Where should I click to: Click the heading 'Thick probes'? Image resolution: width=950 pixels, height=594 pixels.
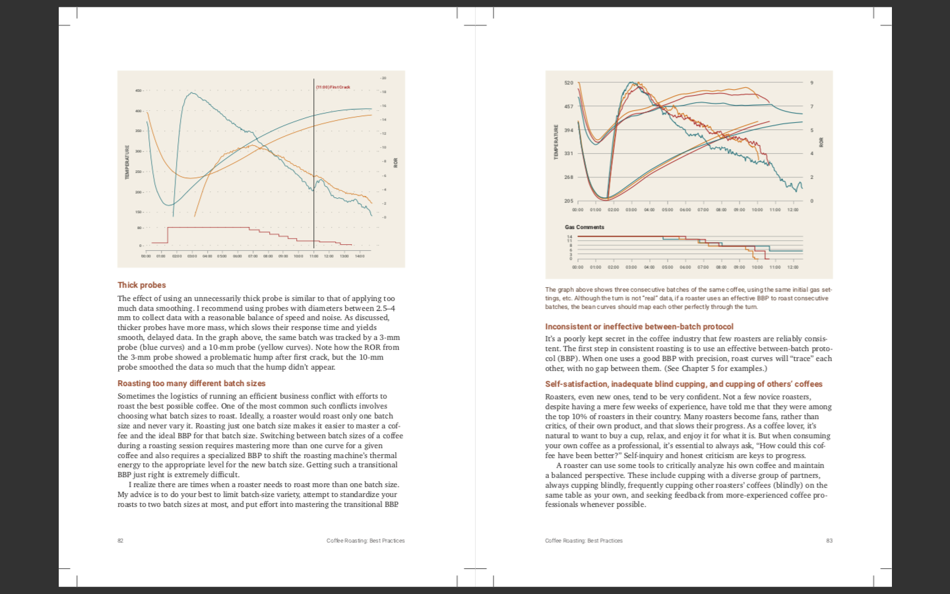(141, 285)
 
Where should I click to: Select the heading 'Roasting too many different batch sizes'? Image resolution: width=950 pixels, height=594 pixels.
(191, 383)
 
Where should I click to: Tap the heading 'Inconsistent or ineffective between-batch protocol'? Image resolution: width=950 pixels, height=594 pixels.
(639, 327)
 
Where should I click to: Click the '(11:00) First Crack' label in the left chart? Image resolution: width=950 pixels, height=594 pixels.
(333, 87)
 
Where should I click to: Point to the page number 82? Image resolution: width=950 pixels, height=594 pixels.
(120, 541)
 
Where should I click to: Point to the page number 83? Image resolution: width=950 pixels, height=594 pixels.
(829, 541)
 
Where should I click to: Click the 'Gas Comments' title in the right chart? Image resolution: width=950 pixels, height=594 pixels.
(585, 227)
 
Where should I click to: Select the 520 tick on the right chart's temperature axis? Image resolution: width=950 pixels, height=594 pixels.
(569, 83)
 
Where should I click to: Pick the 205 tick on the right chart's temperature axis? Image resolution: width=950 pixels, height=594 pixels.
(569, 201)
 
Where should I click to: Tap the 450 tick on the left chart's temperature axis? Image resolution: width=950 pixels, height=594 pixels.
(139, 91)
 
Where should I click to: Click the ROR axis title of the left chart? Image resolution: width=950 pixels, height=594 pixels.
(396, 162)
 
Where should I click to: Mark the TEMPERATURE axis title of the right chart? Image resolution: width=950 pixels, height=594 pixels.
(556, 142)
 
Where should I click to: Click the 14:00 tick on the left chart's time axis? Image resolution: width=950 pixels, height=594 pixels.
(360, 256)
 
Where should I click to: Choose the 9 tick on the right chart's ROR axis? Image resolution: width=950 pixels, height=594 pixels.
(812, 83)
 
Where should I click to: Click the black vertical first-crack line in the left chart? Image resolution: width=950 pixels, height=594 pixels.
(314, 165)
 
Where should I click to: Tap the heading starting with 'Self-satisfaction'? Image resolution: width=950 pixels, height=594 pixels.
(683, 384)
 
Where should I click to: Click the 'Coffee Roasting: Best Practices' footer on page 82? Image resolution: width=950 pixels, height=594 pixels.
(365, 541)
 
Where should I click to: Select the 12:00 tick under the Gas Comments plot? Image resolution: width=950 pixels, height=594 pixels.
(792, 267)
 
